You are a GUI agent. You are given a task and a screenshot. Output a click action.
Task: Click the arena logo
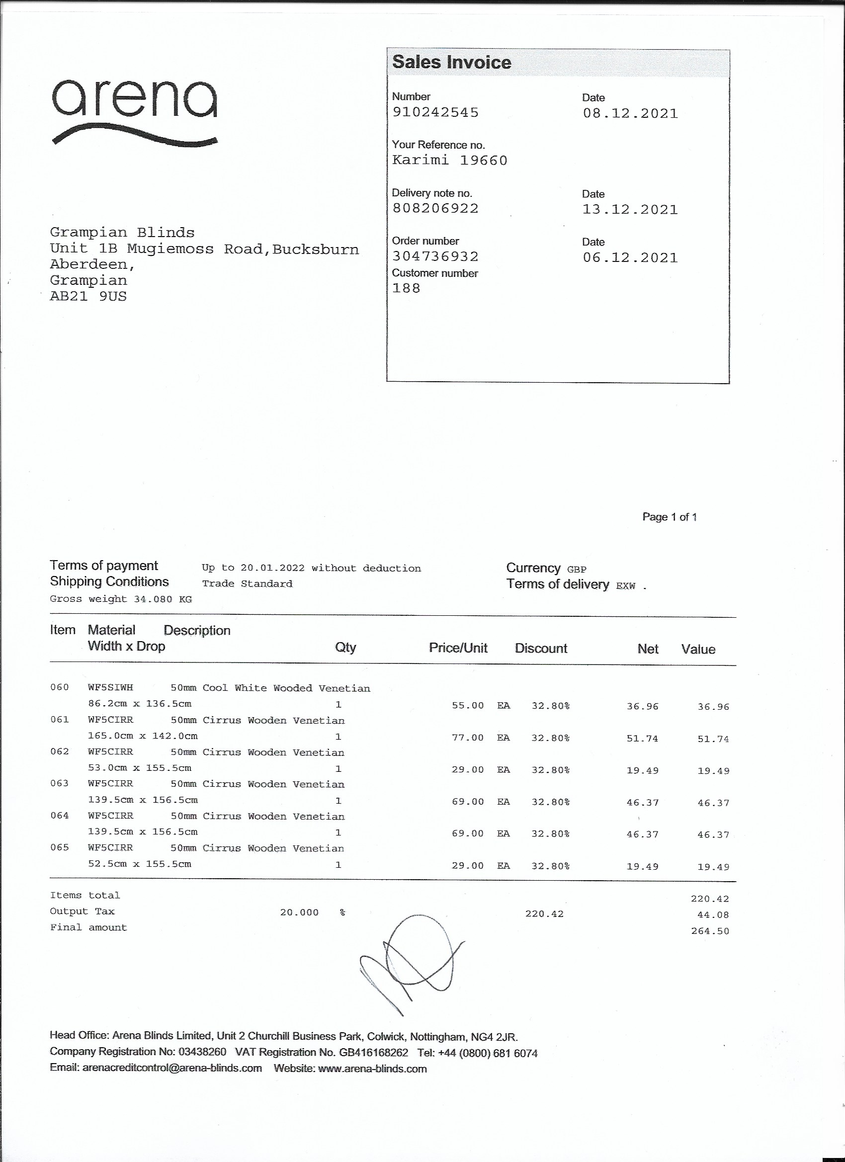click(x=134, y=112)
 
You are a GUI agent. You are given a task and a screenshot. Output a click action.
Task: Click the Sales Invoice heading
click(x=451, y=63)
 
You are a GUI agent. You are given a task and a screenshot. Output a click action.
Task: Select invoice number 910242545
click(x=435, y=112)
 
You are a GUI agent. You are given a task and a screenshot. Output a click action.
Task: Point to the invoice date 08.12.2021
click(x=630, y=113)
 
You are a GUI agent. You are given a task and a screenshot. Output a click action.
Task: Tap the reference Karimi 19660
click(x=449, y=161)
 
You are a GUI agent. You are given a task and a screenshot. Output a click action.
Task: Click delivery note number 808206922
click(x=435, y=209)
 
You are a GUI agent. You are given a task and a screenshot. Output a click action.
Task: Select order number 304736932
click(x=435, y=256)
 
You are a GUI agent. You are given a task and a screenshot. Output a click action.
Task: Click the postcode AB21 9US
click(x=88, y=297)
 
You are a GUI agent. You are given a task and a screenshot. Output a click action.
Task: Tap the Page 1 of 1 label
click(x=669, y=517)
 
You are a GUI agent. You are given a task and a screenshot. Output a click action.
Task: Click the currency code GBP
click(x=577, y=569)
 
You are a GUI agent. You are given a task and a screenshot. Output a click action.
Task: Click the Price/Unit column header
click(x=458, y=648)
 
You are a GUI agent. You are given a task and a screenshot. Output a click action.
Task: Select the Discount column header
click(x=541, y=649)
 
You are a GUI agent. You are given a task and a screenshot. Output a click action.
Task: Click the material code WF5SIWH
click(x=110, y=687)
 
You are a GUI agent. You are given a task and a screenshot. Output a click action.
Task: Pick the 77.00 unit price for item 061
click(x=467, y=738)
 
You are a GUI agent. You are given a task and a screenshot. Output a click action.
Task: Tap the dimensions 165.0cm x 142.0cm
click(x=143, y=736)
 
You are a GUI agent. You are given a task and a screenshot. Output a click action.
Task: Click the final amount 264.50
click(x=710, y=931)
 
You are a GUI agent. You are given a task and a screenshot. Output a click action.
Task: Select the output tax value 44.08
click(x=712, y=914)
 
